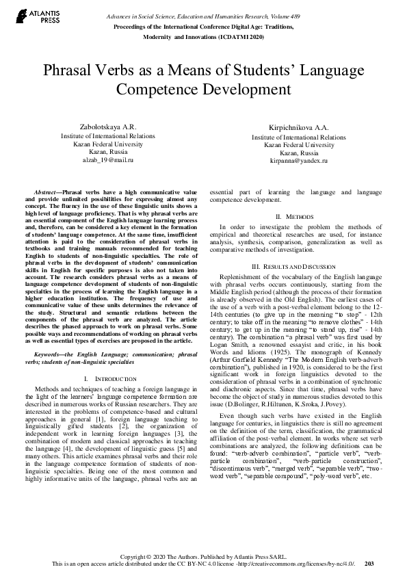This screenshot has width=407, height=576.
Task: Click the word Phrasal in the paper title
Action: [70, 71]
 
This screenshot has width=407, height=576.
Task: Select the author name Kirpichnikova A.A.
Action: [298, 129]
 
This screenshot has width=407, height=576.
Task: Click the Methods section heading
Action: [298, 215]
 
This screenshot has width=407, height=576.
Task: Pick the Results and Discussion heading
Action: [298, 265]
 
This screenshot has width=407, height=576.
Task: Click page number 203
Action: [369, 564]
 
